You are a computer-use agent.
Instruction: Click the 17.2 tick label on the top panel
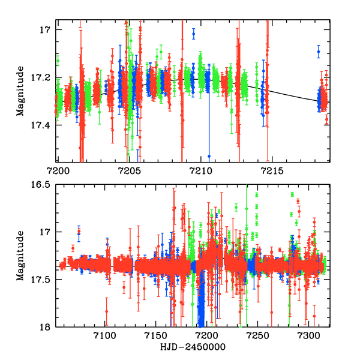pos(46,77)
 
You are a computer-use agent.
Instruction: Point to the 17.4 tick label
pos(46,125)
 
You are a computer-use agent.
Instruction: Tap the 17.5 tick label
pos(46,280)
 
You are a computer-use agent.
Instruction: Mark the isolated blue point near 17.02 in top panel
pos(193,34)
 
